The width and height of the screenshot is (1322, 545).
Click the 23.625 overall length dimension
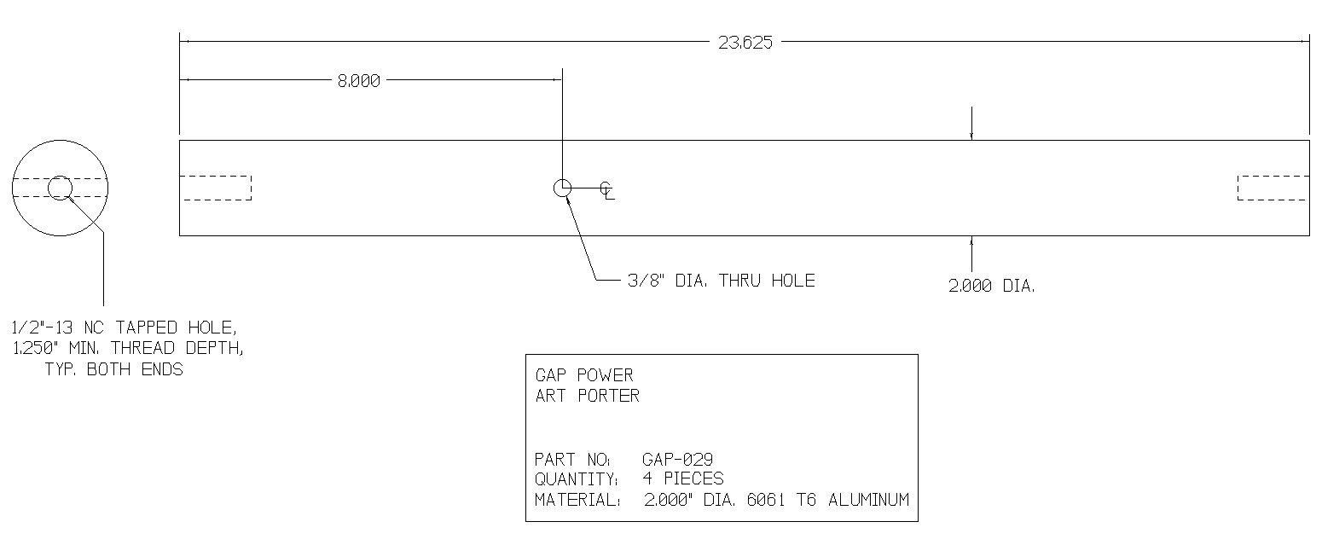coord(745,43)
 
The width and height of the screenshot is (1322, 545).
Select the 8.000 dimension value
coord(359,81)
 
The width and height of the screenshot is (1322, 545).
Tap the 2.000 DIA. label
coord(991,287)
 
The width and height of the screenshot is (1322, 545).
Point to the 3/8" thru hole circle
coord(562,180)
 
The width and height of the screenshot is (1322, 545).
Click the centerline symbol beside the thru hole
coord(606,190)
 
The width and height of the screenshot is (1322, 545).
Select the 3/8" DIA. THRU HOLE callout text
coord(722,281)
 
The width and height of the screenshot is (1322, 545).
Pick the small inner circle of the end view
coord(60,177)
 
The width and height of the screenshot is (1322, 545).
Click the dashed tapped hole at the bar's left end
coord(216,188)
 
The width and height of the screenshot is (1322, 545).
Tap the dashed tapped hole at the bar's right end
coord(1273,188)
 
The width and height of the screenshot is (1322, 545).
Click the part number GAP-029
coord(677,460)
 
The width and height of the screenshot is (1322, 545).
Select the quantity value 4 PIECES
coord(683,478)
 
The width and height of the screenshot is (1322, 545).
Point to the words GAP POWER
coord(584,375)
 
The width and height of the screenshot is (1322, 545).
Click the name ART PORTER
coord(588,396)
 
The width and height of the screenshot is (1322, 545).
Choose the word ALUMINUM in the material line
coord(868,500)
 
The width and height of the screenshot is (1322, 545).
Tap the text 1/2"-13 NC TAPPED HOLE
coord(125,328)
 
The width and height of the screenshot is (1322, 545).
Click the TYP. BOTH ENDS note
coord(114,369)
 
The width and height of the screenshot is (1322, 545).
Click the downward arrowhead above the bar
coord(971,136)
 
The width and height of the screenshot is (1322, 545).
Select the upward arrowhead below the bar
coord(971,241)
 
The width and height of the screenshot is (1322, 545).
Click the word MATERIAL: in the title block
coord(577,500)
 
